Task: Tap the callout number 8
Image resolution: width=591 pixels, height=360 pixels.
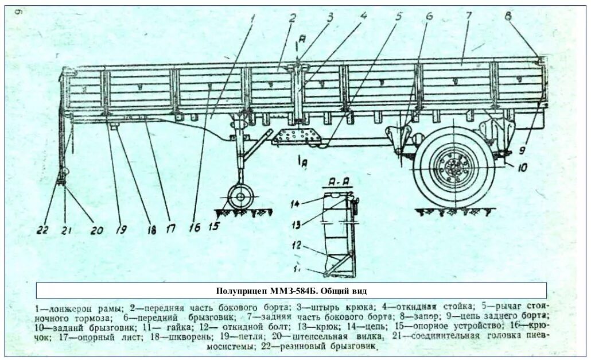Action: pos(508,16)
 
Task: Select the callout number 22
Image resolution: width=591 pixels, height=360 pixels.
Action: pos(41,231)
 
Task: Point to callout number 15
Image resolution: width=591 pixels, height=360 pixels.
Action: pos(213,226)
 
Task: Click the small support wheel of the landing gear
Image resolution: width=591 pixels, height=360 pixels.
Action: pos(240,196)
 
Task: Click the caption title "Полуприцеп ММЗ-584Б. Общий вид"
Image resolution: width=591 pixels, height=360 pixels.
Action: pos(291,291)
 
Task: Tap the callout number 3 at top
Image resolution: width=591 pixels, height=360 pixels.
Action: pos(330,16)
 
